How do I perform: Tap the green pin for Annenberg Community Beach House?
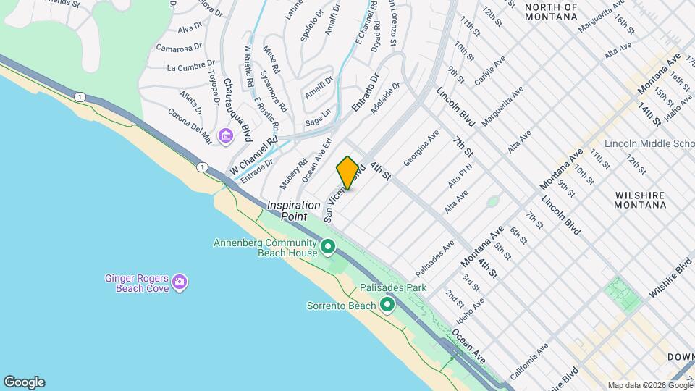[328, 248]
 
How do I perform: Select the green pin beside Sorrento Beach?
[387, 306]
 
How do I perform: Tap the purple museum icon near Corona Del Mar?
[226, 135]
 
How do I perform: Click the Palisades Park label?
[393, 287]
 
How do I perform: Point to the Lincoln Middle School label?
[649, 143]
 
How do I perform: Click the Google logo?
[24, 382]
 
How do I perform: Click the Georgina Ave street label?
[421, 148]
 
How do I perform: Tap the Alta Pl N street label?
[460, 177]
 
